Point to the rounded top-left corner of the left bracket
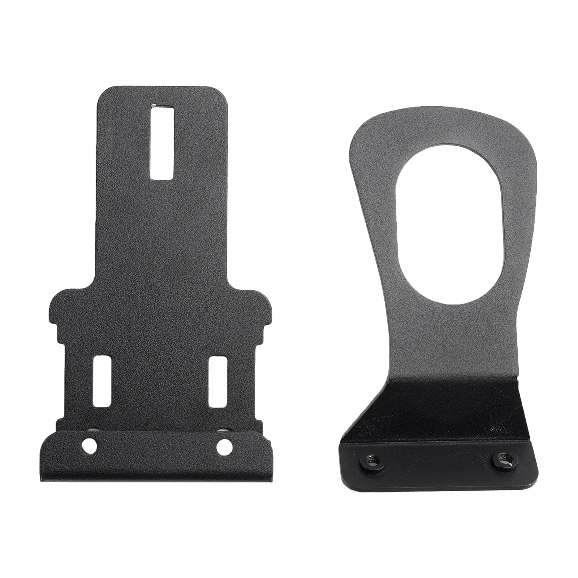click(x=103, y=93)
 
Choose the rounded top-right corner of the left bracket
click(x=222, y=93)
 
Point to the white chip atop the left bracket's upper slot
click(x=154, y=106)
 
